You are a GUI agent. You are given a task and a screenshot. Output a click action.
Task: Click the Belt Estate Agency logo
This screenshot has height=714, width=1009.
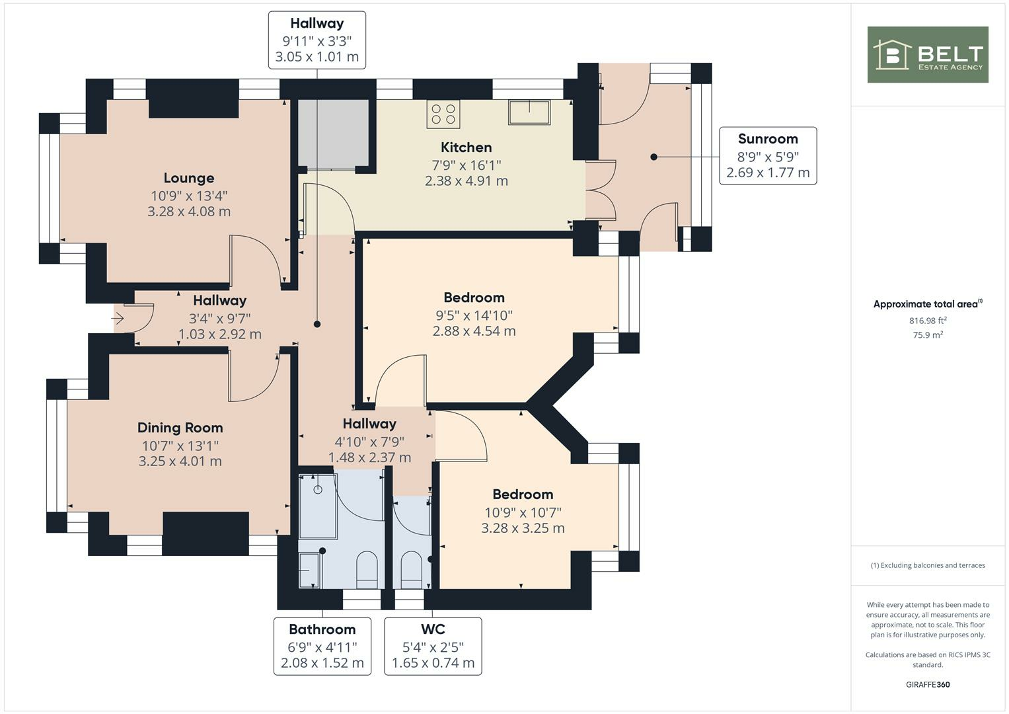(927, 55)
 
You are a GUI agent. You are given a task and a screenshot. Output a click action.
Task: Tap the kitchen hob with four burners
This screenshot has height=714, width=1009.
(443, 114)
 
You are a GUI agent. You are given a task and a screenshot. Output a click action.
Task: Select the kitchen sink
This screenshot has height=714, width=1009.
(529, 112)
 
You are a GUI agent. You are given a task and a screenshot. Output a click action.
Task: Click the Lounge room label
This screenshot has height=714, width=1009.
(189, 178)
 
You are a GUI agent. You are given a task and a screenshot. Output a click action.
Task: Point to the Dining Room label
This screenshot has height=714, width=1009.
(180, 428)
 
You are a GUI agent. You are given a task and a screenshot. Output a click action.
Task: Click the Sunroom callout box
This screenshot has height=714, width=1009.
(767, 155)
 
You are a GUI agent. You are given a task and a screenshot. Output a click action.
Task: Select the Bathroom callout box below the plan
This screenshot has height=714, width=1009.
(322, 646)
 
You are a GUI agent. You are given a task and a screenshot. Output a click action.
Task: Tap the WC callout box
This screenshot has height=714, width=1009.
(433, 646)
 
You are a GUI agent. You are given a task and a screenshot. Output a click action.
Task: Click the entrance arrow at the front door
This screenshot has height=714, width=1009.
(118, 318)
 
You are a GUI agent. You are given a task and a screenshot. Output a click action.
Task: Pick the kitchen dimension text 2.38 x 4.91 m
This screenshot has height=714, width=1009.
(466, 181)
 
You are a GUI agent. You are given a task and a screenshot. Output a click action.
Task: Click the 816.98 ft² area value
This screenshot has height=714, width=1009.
(928, 321)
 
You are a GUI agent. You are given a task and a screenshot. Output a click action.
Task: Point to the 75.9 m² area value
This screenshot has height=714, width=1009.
(928, 335)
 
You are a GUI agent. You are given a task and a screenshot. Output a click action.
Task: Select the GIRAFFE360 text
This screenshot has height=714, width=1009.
(927, 684)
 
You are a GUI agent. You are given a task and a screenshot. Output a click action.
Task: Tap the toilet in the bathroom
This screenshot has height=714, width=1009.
(366, 570)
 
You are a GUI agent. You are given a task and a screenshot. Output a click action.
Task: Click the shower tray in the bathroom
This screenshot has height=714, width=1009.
(318, 506)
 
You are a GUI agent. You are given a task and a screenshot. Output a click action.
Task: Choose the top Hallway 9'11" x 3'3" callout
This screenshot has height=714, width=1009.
(317, 40)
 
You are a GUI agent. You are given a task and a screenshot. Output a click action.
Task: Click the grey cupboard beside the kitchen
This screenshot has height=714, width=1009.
(333, 133)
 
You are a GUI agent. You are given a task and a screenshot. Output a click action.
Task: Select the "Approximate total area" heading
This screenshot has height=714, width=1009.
(927, 304)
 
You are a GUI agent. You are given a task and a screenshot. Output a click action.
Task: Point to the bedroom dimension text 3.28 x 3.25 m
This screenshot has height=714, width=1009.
(523, 528)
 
